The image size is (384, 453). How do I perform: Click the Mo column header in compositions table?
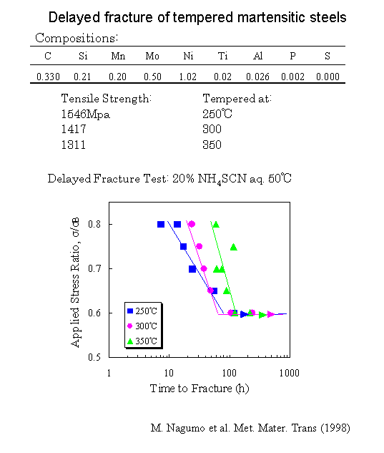[x=152, y=55]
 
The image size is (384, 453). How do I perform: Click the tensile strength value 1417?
[x=74, y=130]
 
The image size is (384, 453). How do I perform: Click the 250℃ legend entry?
[x=145, y=311]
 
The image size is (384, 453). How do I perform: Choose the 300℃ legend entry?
[x=145, y=326]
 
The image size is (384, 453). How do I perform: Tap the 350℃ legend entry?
[x=145, y=341]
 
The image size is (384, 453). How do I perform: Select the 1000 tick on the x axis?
[x=289, y=374]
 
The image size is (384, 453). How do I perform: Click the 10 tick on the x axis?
[x=169, y=374]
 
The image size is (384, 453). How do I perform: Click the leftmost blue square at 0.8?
[x=161, y=224]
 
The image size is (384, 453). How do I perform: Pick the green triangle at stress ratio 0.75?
[x=233, y=247]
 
